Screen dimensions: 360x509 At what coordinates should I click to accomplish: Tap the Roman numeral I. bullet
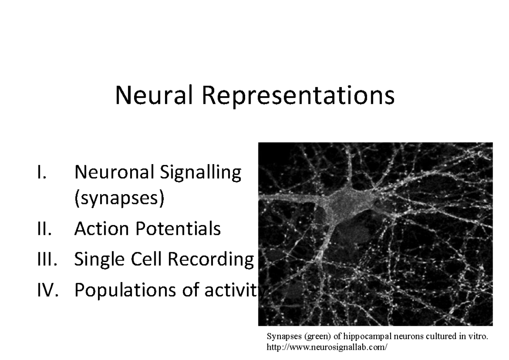point(41,173)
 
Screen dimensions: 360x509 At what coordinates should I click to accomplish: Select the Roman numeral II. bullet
point(42,229)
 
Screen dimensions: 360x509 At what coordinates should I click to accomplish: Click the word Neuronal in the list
point(113,173)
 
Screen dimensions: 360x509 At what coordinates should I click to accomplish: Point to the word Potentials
point(178,229)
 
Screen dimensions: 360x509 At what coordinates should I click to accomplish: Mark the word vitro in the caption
point(479,337)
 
